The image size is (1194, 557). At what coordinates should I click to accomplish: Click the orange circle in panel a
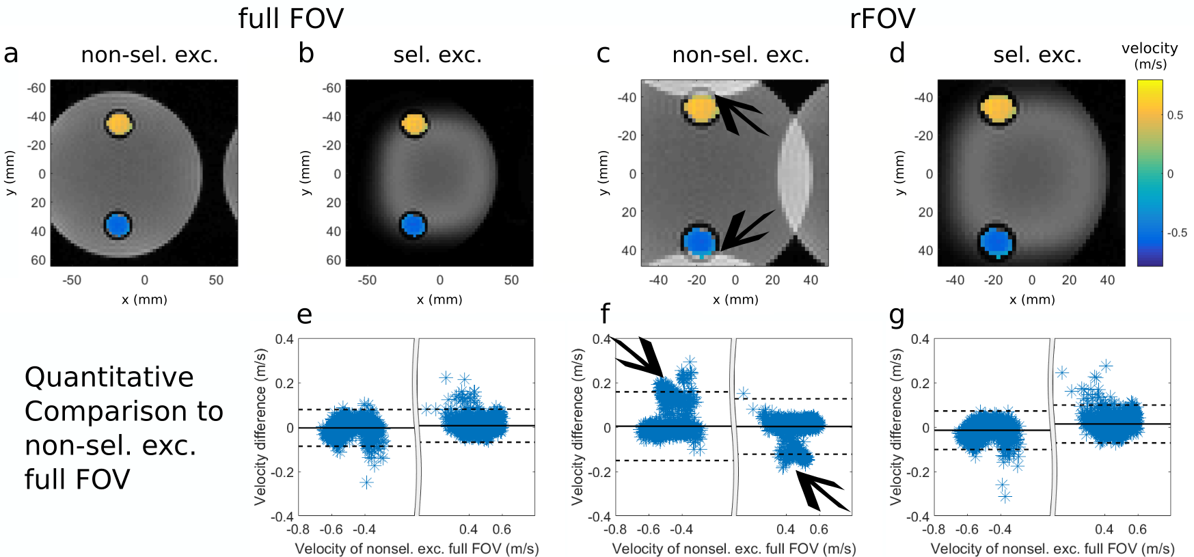pyautogui.click(x=119, y=124)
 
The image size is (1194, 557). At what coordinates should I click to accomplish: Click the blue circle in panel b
pyautogui.click(x=413, y=225)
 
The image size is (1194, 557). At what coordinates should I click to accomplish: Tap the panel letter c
pyautogui.click(x=603, y=53)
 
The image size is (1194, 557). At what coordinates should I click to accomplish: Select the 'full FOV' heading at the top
pyautogui.click(x=290, y=18)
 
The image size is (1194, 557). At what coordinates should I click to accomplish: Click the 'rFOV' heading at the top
pyautogui.click(x=882, y=18)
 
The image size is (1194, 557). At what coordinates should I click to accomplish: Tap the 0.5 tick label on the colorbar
pyautogui.click(x=1175, y=116)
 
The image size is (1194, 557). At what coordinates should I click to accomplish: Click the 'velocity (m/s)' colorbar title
pyautogui.click(x=1150, y=55)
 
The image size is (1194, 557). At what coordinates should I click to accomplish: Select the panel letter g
pyautogui.click(x=897, y=315)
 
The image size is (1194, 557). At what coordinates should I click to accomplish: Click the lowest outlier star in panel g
pyautogui.click(x=1005, y=497)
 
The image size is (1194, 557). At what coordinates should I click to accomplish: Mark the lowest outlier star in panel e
pyautogui.click(x=366, y=483)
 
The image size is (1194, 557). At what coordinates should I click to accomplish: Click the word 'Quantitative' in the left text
pyautogui.click(x=109, y=377)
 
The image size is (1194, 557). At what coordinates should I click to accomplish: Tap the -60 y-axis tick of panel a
pyautogui.click(x=36, y=88)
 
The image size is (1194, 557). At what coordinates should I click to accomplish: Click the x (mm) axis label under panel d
pyautogui.click(x=1031, y=299)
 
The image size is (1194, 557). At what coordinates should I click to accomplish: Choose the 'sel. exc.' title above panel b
pyautogui.click(x=437, y=55)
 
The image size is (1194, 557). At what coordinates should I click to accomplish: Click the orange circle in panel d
pyautogui.click(x=998, y=108)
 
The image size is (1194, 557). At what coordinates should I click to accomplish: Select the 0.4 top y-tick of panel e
pyautogui.click(x=284, y=340)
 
